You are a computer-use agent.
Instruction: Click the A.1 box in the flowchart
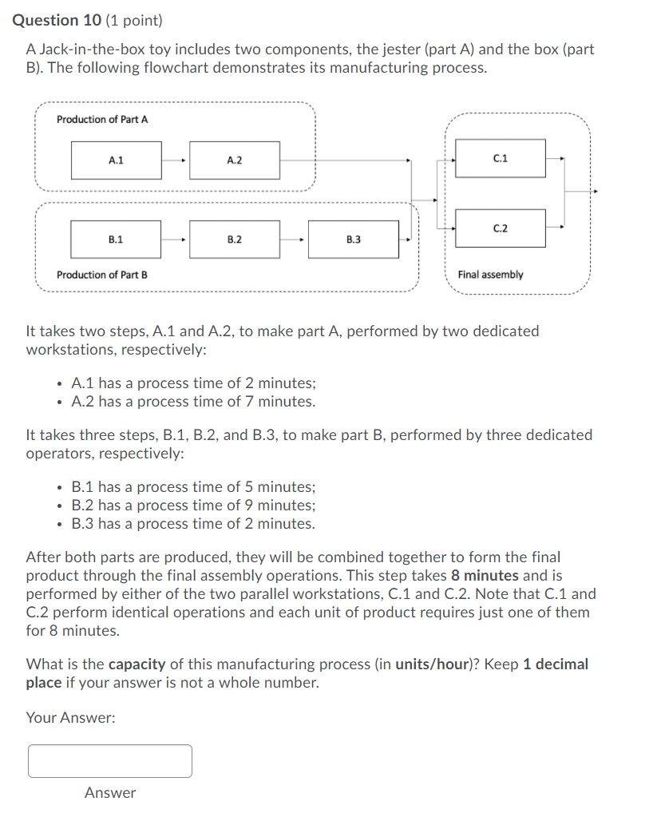[116, 161]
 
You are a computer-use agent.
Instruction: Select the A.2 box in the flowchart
[235, 161]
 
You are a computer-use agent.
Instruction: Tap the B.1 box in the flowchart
[116, 239]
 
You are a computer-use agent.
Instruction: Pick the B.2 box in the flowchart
[235, 239]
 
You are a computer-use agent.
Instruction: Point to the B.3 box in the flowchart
[353, 239]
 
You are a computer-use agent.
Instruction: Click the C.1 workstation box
[501, 158]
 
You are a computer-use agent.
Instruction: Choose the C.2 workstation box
[501, 228]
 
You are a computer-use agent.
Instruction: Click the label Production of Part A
[102, 119]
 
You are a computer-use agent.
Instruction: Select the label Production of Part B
[102, 275]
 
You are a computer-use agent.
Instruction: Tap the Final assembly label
[490, 275]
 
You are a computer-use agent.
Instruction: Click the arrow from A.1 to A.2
[175, 161]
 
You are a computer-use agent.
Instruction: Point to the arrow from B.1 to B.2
[175, 239]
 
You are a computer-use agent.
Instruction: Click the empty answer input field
[110, 761]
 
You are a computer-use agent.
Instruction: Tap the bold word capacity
[137, 664]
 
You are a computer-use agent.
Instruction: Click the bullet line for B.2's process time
[193, 506]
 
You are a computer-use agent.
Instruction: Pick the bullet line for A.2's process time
[193, 402]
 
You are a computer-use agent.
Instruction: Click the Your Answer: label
[70, 718]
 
